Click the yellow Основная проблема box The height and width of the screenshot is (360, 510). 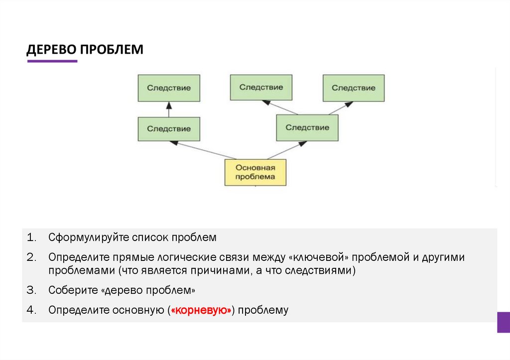(255, 172)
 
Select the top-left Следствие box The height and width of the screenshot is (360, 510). (169, 88)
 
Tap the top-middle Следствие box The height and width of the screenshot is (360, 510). (261, 88)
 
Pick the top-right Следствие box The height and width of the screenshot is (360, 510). (353, 88)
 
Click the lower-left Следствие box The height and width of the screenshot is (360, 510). (169, 129)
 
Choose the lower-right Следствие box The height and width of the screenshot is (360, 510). (307, 128)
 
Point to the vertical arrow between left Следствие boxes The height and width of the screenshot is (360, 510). (169, 109)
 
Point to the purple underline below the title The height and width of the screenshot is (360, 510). (52, 61)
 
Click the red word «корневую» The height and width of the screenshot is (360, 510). (201, 310)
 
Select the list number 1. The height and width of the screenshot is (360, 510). (31, 238)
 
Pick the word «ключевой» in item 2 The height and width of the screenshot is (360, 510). (317, 258)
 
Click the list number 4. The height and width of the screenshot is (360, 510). (31, 310)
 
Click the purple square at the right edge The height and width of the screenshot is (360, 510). (503, 322)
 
